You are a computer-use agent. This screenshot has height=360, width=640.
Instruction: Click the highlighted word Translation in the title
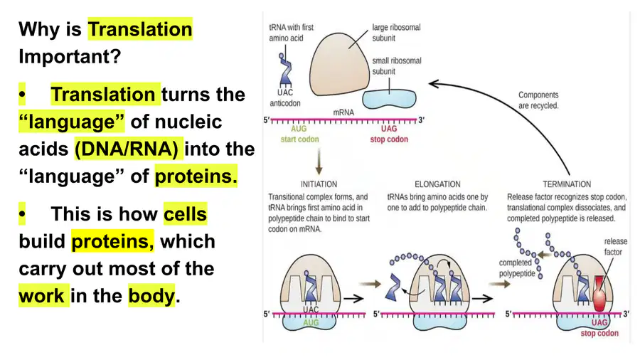pos(140,29)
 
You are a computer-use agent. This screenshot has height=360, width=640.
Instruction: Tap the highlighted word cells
pos(186,214)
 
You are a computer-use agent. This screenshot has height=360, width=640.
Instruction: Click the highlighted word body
pos(151,295)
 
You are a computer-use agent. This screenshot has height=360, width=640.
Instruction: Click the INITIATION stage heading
pos(319,184)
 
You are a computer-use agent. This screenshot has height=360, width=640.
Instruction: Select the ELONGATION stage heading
pos(437,184)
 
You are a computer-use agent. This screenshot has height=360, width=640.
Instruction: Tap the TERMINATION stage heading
pos(567,184)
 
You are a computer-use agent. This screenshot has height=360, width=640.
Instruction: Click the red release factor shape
pos(599,294)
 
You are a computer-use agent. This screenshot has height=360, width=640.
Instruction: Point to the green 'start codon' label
pos(299,139)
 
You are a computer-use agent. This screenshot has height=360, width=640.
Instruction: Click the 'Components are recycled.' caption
pos(538,100)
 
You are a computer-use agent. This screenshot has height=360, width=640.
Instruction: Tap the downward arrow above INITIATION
pos(319,162)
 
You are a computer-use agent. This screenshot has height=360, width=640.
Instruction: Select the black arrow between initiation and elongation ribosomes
pos(353,299)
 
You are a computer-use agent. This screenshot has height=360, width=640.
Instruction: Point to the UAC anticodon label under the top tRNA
pos(285,98)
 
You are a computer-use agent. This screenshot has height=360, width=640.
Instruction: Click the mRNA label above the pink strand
pos(343,112)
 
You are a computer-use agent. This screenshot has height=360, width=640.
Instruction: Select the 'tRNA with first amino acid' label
pos(291,33)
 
